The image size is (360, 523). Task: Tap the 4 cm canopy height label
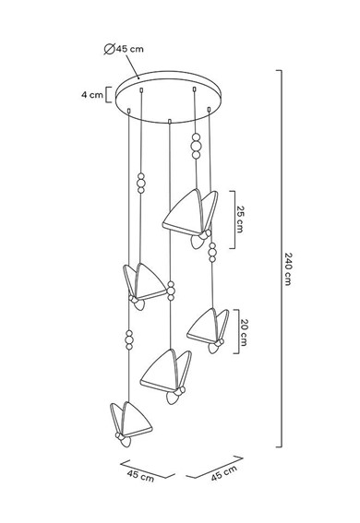(x=91, y=93)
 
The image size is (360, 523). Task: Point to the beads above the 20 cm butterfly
(x=212, y=250)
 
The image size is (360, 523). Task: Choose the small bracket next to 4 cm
(x=110, y=94)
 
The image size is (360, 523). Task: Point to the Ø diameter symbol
(x=110, y=48)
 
